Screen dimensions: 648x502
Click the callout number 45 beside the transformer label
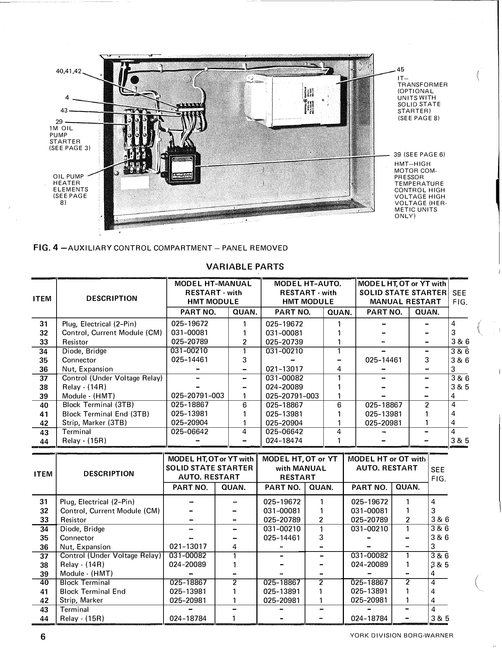click(x=400, y=69)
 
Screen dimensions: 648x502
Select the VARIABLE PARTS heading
click(x=245, y=267)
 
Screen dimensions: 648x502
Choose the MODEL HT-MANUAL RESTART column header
click(x=212, y=292)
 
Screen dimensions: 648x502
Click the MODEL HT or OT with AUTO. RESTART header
click(x=386, y=464)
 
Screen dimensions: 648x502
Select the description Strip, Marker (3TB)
click(x=94, y=423)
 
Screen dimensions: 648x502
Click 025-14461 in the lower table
click(x=280, y=538)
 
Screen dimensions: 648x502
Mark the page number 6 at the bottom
click(x=42, y=636)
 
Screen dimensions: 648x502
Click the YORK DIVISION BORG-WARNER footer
click(x=402, y=635)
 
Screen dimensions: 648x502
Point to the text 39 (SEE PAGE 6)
click(x=419, y=155)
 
